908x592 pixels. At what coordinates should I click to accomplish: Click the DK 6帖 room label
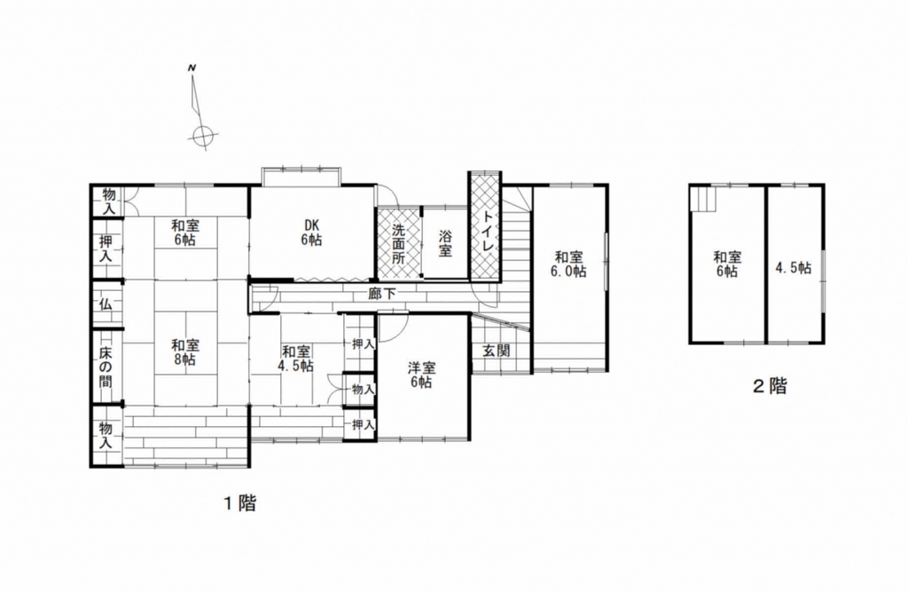pyautogui.click(x=311, y=232)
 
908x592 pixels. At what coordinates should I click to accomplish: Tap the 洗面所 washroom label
pyautogui.click(x=398, y=243)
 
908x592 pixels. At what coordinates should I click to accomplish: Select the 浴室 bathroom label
pyautogui.click(x=445, y=243)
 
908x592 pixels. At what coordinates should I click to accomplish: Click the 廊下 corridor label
pyautogui.click(x=382, y=294)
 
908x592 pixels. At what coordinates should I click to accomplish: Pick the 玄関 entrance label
pyautogui.click(x=497, y=351)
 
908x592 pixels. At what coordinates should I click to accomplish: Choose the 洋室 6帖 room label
pyautogui.click(x=421, y=375)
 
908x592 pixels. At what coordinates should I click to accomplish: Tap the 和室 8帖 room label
pyautogui.click(x=185, y=352)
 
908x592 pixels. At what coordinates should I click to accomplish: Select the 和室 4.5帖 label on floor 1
pyautogui.click(x=297, y=359)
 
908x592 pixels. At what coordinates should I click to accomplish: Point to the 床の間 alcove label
pyautogui.click(x=106, y=367)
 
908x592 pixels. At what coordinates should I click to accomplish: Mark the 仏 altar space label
pyautogui.click(x=106, y=304)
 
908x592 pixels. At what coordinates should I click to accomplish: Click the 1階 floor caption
pyautogui.click(x=239, y=502)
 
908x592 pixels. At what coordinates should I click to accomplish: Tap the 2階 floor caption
pyautogui.click(x=770, y=385)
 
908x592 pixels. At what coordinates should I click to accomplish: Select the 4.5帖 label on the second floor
pyautogui.click(x=794, y=268)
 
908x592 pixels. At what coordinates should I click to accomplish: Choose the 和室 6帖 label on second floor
pyautogui.click(x=727, y=264)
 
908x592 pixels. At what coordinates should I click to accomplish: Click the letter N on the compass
pyautogui.click(x=192, y=68)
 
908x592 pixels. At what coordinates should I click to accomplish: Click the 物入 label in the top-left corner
pyautogui.click(x=109, y=201)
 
